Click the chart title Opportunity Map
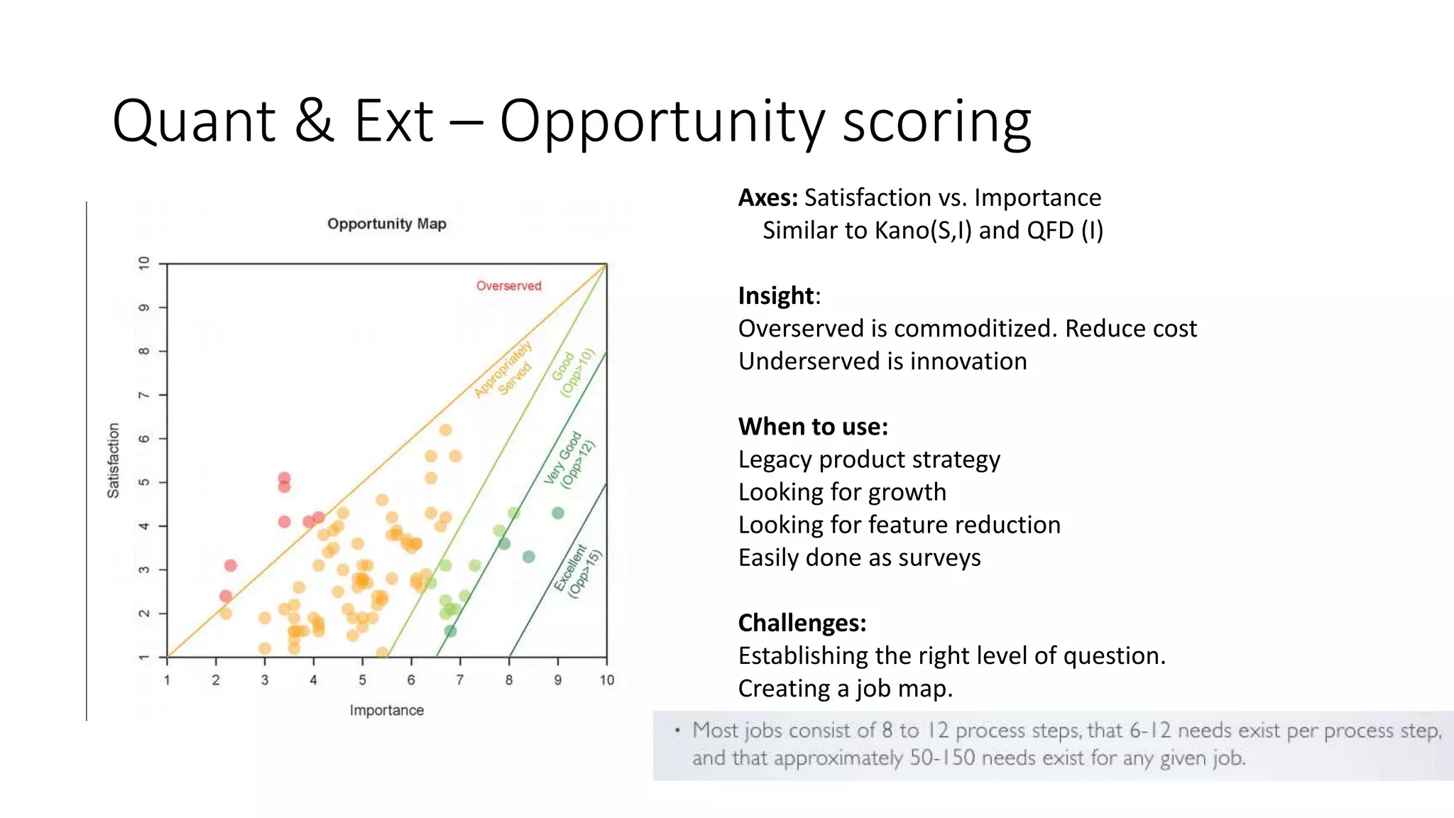(386, 224)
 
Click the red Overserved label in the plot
(508, 285)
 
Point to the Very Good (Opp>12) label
(569, 460)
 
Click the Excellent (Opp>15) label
(578, 571)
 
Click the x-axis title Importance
(386, 710)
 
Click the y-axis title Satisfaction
(114, 460)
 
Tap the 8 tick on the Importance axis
(509, 680)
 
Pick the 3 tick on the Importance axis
(265, 680)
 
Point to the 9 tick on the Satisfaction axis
(144, 307)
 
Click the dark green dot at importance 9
(558, 513)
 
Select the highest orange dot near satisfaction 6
(445, 430)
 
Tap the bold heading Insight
(775, 295)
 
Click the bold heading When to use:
(813, 427)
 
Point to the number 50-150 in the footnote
(942, 758)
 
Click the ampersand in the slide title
(313, 121)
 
